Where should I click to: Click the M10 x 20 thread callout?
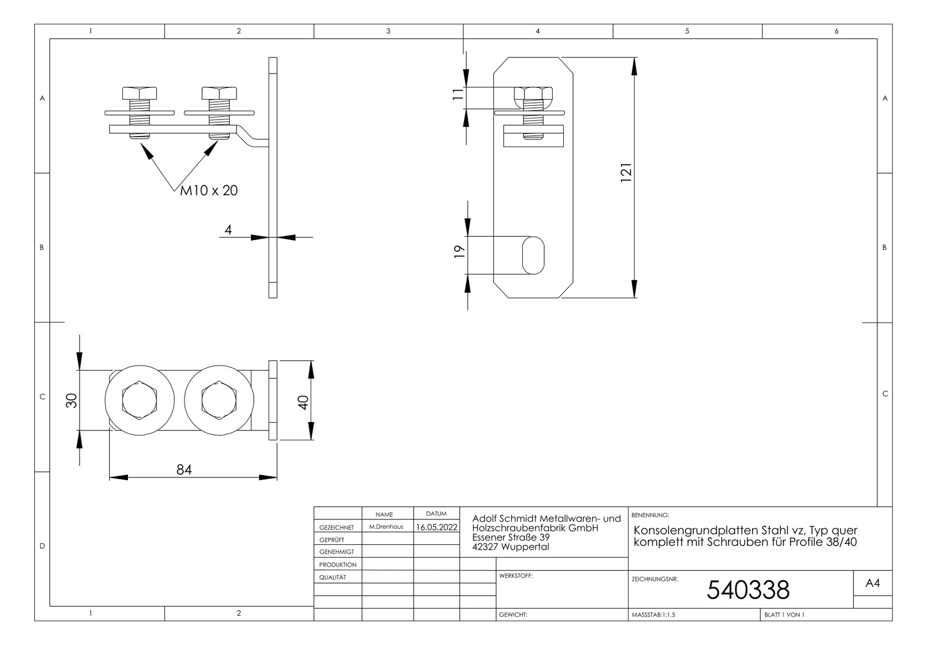pos(209,191)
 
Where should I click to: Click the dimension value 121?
pos(626,173)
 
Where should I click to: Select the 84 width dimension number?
pos(184,470)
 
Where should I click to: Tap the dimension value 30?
pos(71,400)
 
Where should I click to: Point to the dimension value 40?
pos(303,402)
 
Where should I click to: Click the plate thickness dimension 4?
pos(228,230)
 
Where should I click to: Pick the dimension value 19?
pos(460,251)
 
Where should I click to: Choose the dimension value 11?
pos(458,94)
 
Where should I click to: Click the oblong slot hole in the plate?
pos(533,256)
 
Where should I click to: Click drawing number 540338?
pos(748,590)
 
